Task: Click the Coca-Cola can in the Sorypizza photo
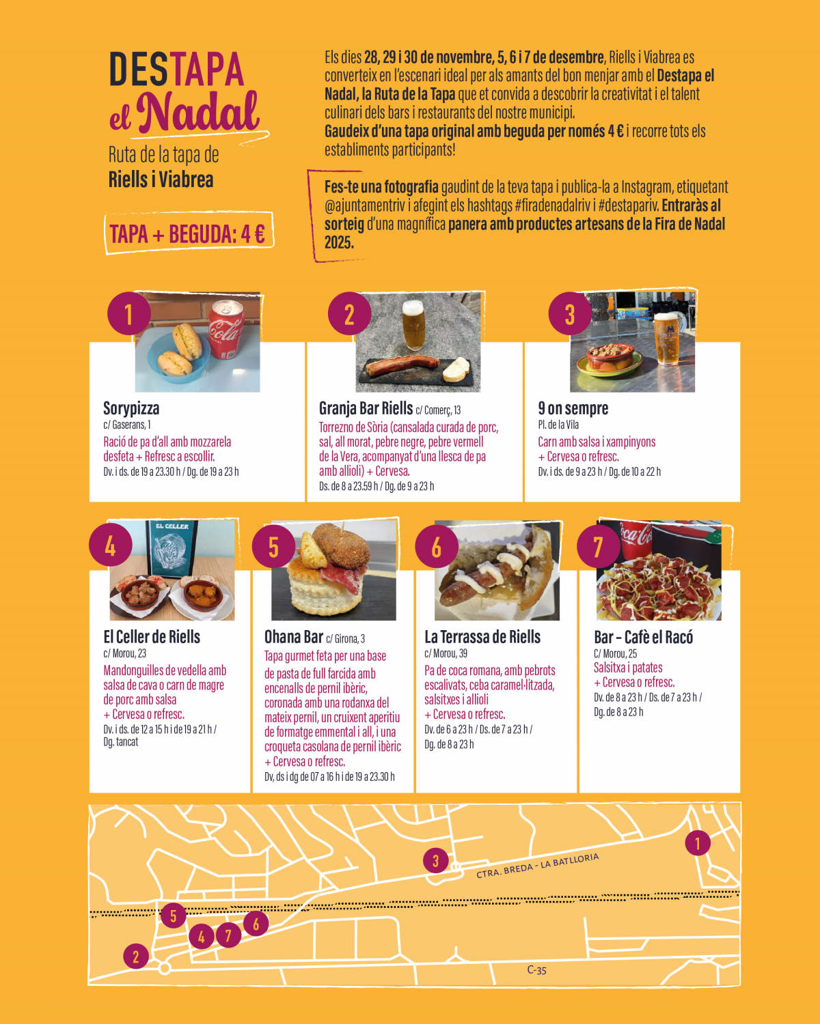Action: [x=226, y=329]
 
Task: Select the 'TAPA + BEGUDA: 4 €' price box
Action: [x=189, y=233]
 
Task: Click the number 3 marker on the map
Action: [x=435, y=860]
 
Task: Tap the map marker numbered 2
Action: [x=136, y=956]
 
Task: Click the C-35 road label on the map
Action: [x=536, y=970]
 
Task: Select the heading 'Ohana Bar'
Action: [x=294, y=637]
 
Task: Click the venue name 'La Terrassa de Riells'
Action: [x=482, y=637]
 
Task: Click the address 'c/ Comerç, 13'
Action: [x=438, y=410]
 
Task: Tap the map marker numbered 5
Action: [x=173, y=915]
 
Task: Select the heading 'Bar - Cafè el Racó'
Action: [x=643, y=637]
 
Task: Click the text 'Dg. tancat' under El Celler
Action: [x=120, y=742]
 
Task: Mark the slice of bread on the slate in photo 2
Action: [x=456, y=369]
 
